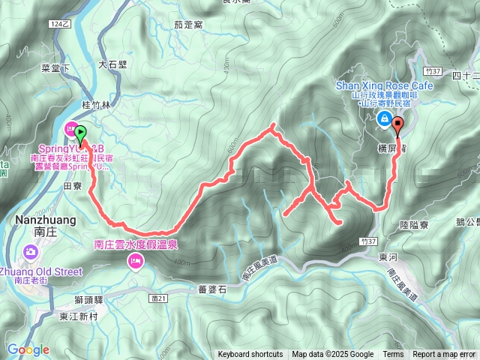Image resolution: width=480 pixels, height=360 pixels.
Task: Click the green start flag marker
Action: click(x=80, y=132)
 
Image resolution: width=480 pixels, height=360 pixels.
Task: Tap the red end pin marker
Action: click(x=397, y=125)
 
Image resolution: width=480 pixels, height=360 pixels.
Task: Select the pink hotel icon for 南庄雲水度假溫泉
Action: click(x=136, y=260)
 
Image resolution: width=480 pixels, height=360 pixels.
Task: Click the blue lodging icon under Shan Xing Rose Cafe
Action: click(x=384, y=118)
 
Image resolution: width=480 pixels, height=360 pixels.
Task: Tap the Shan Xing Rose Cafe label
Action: click(x=384, y=86)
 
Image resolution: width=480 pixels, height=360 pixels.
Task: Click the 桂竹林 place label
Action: click(x=96, y=106)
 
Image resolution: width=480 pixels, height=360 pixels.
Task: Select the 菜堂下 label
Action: click(x=55, y=67)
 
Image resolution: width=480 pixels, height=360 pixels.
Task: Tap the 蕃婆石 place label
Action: click(x=212, y=288)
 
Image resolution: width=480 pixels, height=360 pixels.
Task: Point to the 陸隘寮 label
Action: click(x=413, y=223)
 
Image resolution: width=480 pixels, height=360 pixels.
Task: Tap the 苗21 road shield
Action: click(x=157, y=277)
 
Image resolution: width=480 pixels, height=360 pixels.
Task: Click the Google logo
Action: click(x=28, y=349)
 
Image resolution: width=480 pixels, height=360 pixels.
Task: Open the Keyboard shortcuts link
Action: click(x=250, y=355)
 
